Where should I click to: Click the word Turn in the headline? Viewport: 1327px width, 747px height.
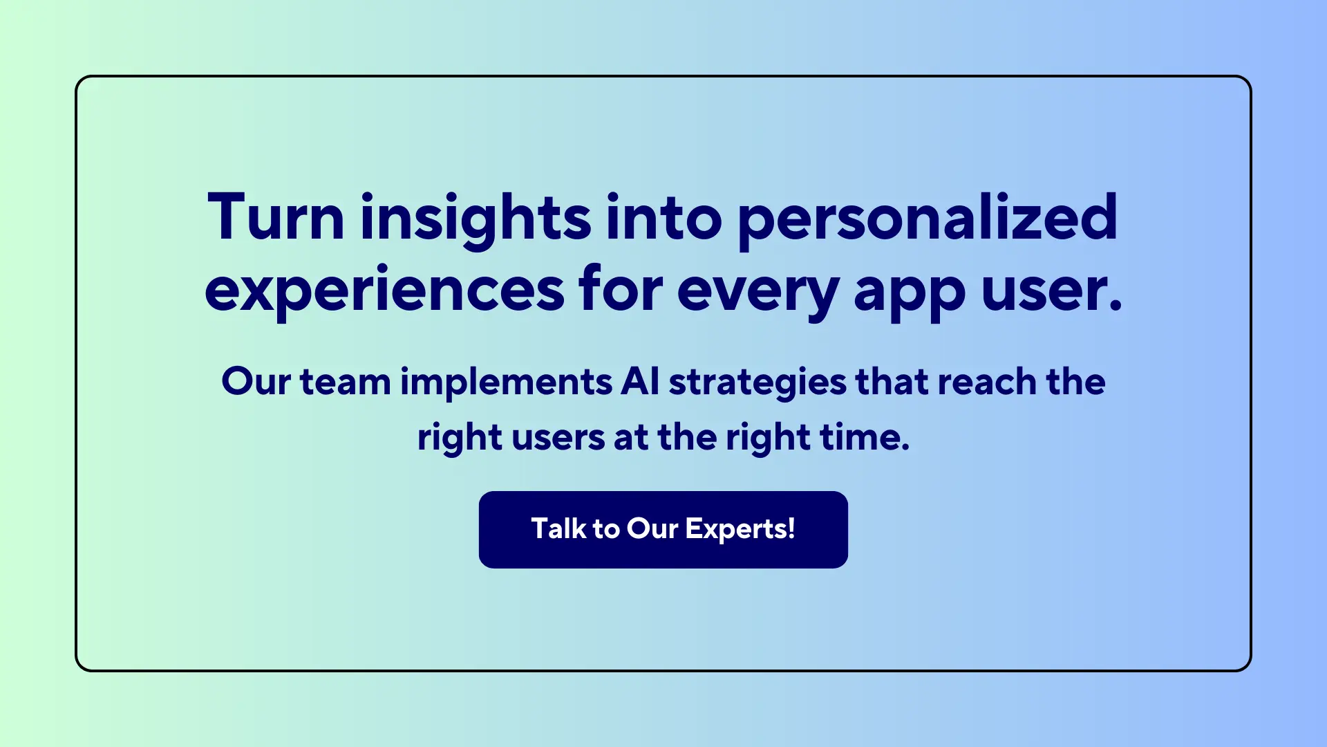point(276,217)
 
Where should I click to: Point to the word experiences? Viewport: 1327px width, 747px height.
point(384,290)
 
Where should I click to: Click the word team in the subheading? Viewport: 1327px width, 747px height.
point(345,382)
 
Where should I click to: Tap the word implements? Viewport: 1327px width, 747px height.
point(507,382)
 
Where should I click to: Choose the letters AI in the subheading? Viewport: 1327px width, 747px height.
point(640,382)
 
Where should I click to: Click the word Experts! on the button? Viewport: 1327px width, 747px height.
point(740,529)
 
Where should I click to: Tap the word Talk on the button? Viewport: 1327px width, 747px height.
point(558,529)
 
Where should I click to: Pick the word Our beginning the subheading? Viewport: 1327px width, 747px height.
point(256,382)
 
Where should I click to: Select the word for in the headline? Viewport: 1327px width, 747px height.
point(621,290)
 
